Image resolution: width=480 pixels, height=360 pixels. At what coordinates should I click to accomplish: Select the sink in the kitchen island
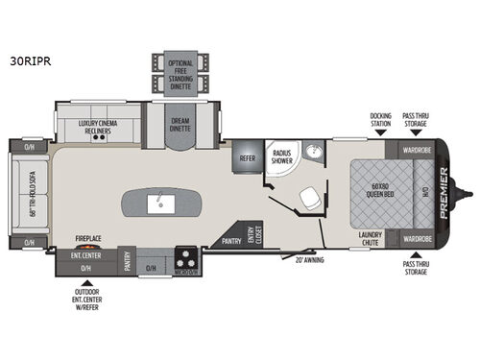pyautogui.click(x=160, y=202)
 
